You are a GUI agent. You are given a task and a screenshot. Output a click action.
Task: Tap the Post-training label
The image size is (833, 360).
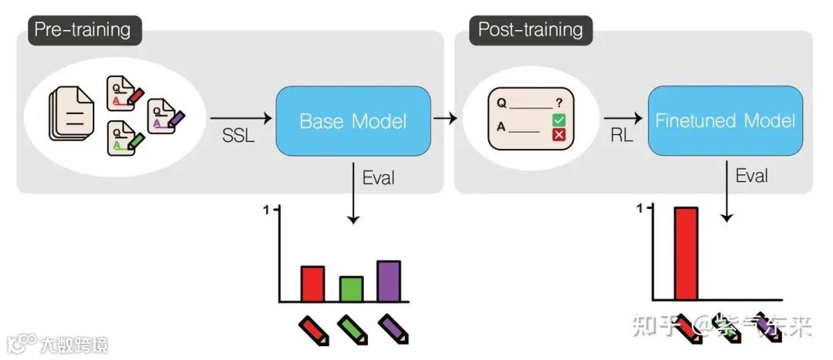(x=530, y=30)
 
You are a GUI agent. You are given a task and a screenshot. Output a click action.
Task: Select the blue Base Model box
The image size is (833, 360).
(x=352, y=121)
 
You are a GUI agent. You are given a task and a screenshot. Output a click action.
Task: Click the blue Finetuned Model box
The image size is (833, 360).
(x=723, y=121)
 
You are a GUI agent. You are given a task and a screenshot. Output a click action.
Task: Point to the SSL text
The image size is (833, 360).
(x=236, y=136)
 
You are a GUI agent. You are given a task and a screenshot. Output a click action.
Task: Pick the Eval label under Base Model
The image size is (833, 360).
(x=378, y=177)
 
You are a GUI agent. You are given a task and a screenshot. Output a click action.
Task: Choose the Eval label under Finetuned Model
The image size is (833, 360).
(x=750, y=175)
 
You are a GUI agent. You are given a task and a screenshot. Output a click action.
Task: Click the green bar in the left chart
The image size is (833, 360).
(x=351, y=288)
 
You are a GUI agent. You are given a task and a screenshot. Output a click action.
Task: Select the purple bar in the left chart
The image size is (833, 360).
(x=389, y=281)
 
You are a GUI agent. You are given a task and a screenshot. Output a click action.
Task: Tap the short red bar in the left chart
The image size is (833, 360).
(x=312, y=283)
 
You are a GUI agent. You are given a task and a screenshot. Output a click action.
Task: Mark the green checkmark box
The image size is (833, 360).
(x=559, y=120)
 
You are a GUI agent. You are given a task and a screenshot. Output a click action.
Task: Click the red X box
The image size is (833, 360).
(x=559, y=136)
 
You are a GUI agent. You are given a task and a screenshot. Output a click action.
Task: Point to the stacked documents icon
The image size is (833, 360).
(x=71, y=114)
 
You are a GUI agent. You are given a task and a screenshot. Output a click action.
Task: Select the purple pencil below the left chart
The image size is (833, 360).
(x=393, y=328)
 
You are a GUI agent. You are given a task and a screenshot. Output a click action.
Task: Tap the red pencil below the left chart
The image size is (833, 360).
(x=314, y=328)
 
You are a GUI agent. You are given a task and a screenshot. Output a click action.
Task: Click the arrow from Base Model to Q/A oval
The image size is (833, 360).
(x=445, y=119)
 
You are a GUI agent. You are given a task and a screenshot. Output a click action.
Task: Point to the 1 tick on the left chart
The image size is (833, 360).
(x=267, y=210)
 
